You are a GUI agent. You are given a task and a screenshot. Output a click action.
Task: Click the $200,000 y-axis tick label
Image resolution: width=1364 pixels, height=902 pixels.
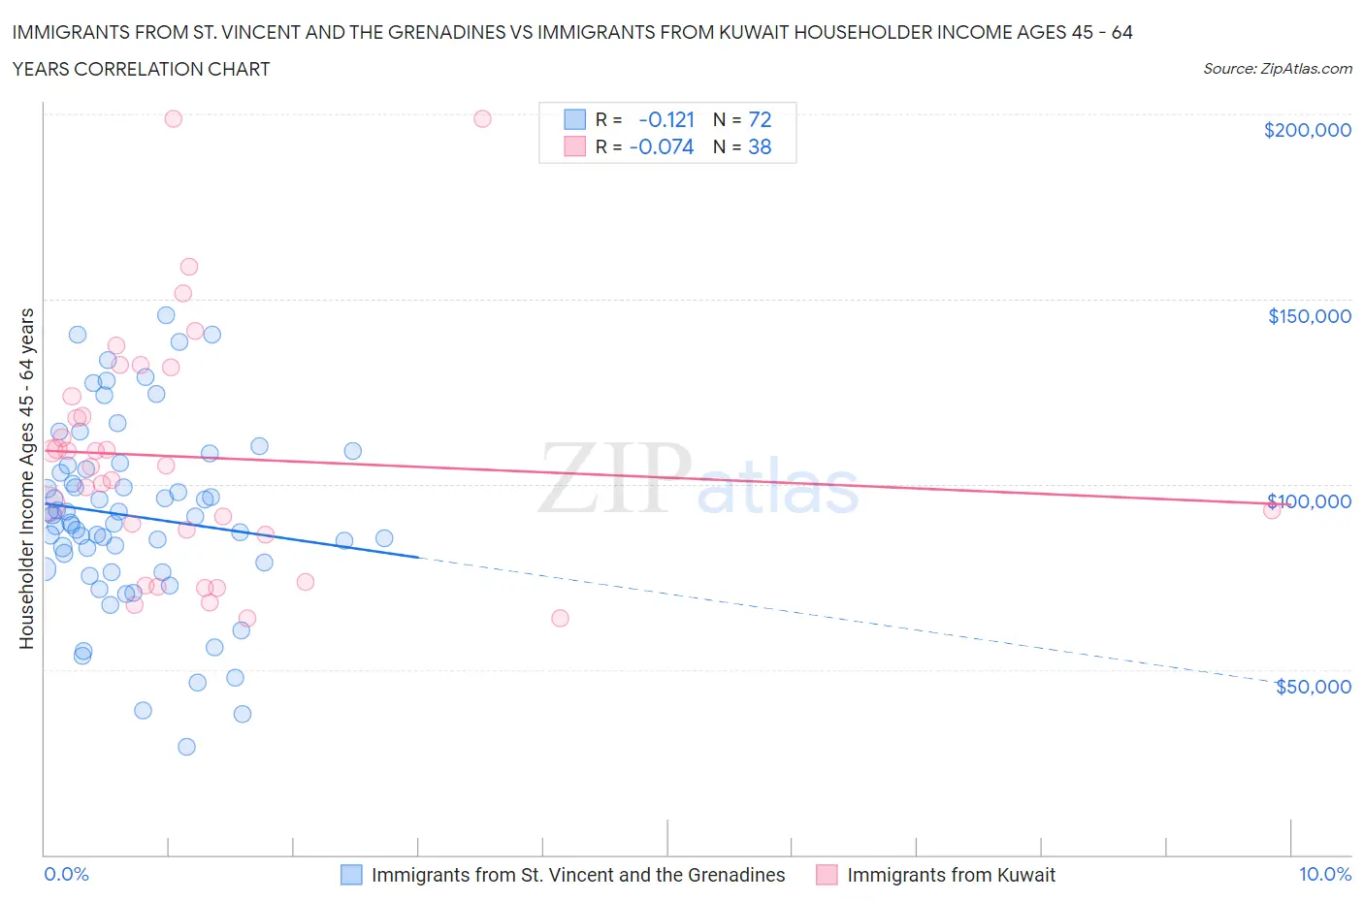[x=1307, y=130]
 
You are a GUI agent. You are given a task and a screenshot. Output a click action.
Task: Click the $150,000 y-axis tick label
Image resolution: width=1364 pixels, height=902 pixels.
[x=1309, y=316]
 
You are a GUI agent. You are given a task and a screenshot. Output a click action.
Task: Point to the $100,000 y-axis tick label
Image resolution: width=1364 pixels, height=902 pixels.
[x=1309, y=501]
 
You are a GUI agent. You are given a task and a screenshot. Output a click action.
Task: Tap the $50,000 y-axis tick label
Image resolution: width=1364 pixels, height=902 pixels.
[x=1313, y=687]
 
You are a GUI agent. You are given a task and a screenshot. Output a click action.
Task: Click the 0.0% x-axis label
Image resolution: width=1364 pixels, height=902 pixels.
[x=66, y=874]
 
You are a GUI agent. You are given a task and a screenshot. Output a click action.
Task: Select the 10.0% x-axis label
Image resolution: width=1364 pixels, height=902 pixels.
[x=1324, y=874]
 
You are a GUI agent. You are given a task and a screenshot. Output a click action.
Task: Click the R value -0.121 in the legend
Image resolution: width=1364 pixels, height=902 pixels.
[x=666, y=119]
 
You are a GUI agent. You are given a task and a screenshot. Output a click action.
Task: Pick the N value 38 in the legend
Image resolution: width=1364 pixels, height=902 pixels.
[x=760, y=146]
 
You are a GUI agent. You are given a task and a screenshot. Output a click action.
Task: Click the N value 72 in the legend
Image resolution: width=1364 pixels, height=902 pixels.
[x=760, y=119]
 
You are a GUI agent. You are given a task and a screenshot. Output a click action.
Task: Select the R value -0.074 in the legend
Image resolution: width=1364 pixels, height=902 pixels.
[x=662, y=146]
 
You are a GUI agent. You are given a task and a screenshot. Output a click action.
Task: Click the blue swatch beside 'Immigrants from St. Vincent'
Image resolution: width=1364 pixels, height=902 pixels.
[x=351, y=875]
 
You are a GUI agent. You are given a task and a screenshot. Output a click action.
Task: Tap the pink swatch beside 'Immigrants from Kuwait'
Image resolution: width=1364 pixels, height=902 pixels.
[x=827, y=875]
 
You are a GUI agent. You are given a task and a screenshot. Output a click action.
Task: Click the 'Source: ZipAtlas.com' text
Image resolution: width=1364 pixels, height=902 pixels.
[x=1277, y=68]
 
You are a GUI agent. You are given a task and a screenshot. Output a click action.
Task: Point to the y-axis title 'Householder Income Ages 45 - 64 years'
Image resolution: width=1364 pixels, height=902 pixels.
[x=26, y=478]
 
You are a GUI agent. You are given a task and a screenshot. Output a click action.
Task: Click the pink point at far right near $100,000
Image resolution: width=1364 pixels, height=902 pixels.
[x=1272, y=509]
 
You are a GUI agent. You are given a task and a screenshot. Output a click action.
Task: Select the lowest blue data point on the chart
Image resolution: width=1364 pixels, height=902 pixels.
[x=186, y=747]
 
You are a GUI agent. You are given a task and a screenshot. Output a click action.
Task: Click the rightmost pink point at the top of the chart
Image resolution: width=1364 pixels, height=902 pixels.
[x=482, y=118]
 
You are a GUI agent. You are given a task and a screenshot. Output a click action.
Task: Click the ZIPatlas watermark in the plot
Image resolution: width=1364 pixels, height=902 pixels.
[x=698, y=478]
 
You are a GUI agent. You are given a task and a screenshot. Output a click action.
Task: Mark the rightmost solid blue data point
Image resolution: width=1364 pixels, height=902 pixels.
[x=384, y=538]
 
